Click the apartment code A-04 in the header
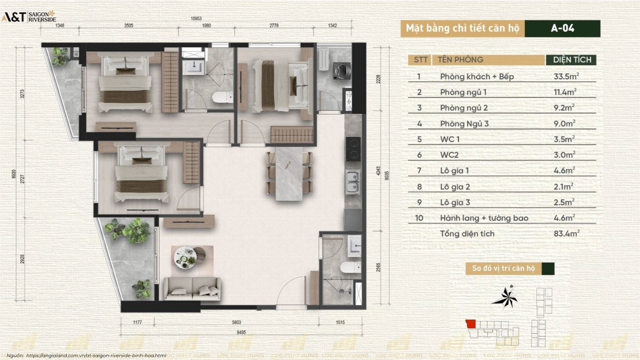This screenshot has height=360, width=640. coord(562,28)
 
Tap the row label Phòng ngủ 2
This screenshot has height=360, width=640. coord(464,108)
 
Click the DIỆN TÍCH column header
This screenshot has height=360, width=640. coord(572,60)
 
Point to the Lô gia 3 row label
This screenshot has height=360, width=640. coord(455,202)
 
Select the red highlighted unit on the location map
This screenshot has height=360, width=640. coord(470,324)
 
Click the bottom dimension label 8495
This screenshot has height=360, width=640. coord(241,332)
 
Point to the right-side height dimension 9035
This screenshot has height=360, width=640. coord(386,176)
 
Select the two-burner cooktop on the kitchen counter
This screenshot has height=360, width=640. coord(353,149)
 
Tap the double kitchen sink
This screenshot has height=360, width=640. coord(352,182)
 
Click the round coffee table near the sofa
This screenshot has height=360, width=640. coord(185,257)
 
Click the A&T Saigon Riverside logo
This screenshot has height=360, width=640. coord(29,16)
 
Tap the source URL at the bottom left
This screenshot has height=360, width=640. coord(96,355)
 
